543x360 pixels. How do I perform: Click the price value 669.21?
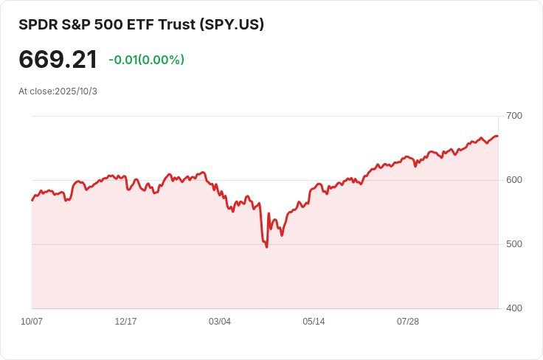tap(58, 60)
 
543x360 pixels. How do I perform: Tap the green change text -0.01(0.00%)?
tap(146, 60)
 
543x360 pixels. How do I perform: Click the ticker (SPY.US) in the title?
tap(230, 24)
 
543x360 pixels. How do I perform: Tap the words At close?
tap(35, 91)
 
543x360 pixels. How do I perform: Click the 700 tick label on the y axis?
tap(514, 116)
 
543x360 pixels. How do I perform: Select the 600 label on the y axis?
tap(514, 180)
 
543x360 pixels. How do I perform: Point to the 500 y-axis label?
tap(514, 244)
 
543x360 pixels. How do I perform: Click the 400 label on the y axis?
tap(514, 308)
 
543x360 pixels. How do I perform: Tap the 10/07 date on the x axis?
tap(32, 322)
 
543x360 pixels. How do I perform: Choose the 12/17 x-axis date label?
tap(125, 322)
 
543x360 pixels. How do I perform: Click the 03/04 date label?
tap(220, 322)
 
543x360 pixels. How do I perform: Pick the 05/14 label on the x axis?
tap(314, 322)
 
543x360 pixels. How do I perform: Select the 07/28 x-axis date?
tap(408, 322)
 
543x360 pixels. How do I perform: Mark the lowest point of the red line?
tap(266, 246)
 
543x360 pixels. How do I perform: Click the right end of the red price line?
tap(497, 136)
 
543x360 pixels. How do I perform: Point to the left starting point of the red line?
tap(32, 200)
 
